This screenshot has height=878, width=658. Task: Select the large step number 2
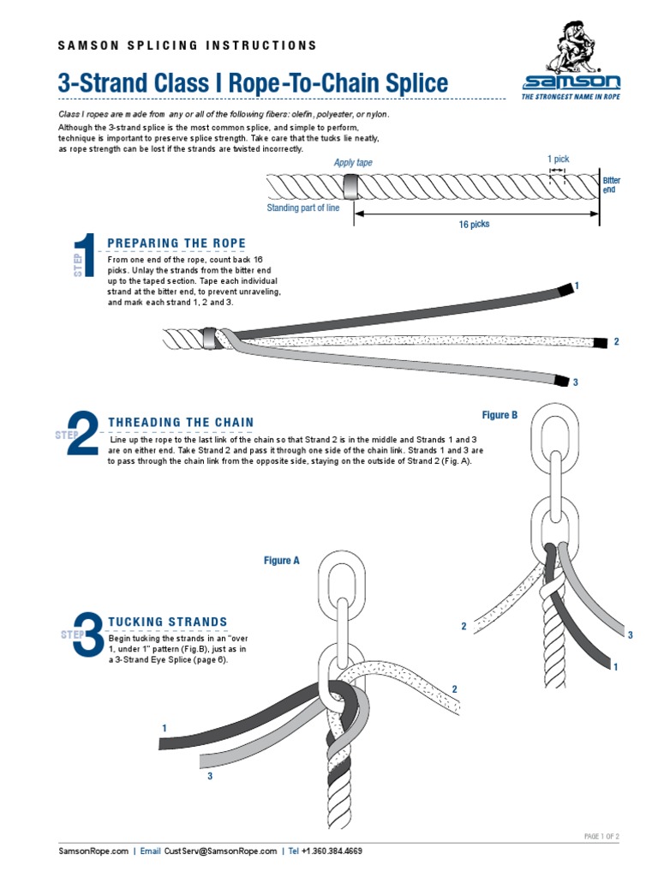tap(82, 436)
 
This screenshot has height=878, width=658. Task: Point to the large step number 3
tap(88, 634)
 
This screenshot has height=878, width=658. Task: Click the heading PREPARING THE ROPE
tap(176, 244)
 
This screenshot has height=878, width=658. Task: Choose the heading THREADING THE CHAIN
tap(181, 422)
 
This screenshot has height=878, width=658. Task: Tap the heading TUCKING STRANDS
tap(167, 622)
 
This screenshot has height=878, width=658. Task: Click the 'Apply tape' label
tap(352, 163)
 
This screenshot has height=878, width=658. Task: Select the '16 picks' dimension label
tap(474, 225)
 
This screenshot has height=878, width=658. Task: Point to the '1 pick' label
tap(558, 159)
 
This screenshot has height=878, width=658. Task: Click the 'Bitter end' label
tap(611, 184)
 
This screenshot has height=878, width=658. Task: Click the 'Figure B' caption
tap(499, 415)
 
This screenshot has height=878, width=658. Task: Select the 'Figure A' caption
tap(281, 561)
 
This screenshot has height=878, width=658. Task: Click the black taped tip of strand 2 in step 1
tap(601, 341)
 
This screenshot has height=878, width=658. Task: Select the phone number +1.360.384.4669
tap(331, 851)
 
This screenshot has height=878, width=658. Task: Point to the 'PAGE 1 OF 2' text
tap(601, 836)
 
